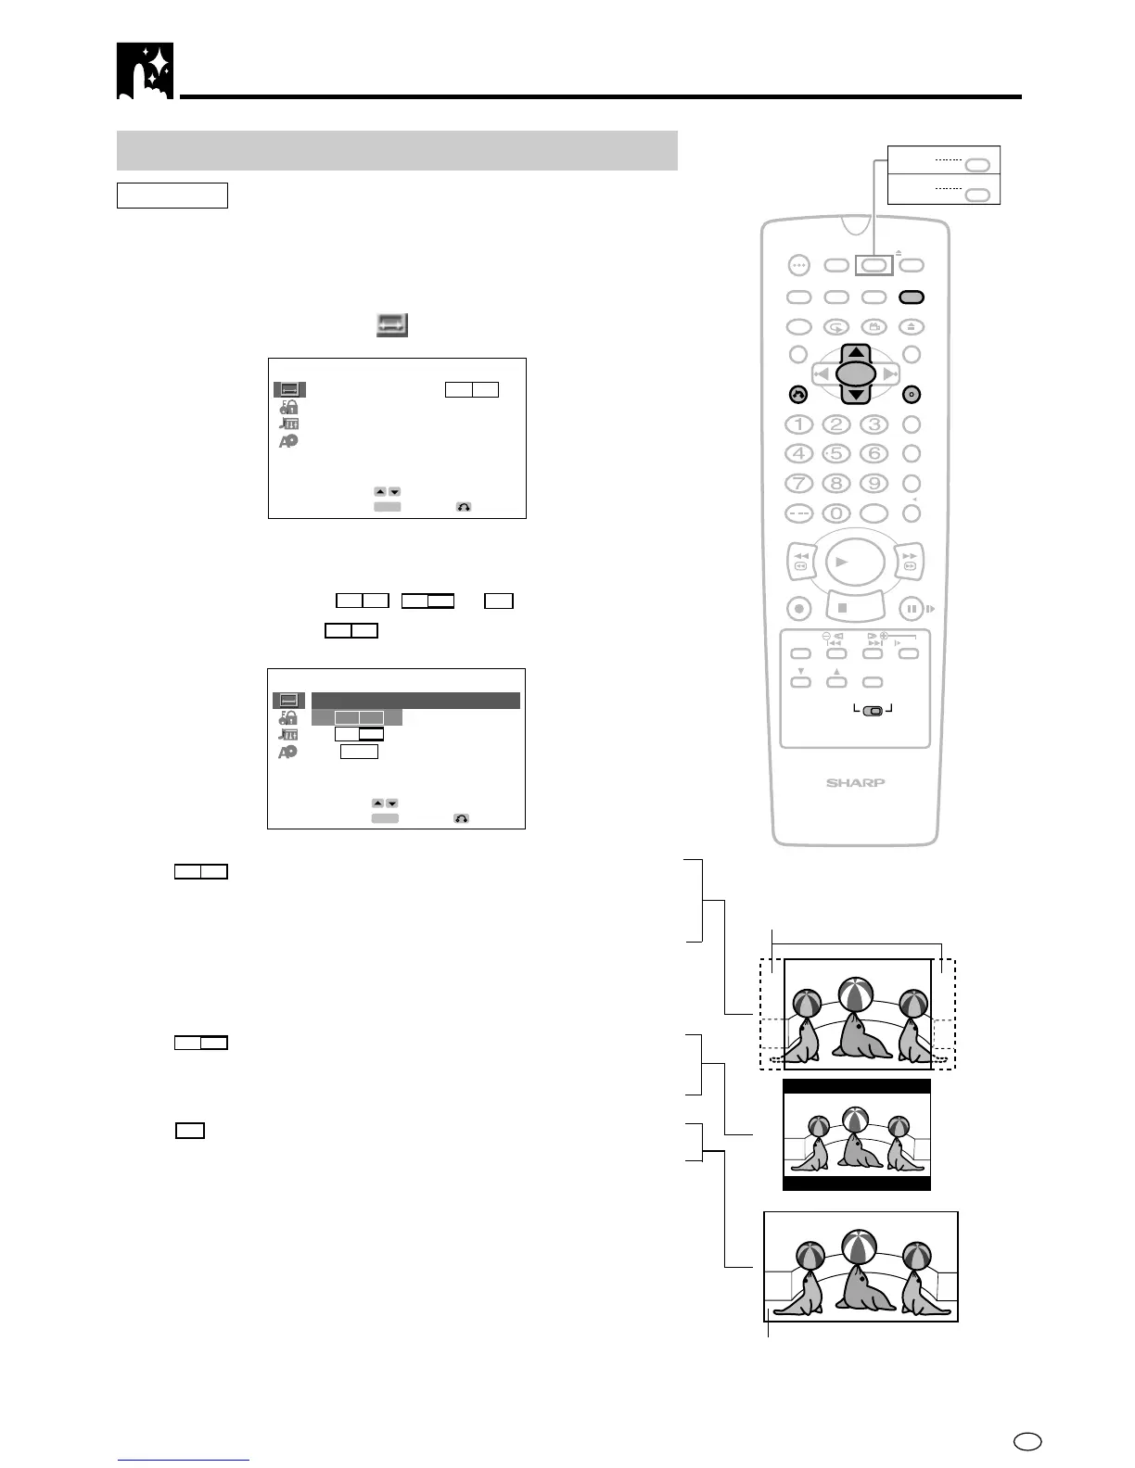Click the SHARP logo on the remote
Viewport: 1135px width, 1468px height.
[855, 783]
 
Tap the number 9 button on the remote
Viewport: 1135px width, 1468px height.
[874, 483]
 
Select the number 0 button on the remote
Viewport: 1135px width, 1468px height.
[836, 513]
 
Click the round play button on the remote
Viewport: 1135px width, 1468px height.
[854, 562]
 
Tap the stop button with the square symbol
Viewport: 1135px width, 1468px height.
[843, 609]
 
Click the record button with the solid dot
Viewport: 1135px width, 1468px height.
[798, 609]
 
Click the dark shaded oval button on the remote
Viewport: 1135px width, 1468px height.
[912, 297]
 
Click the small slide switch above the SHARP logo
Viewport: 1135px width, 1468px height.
[873, 711]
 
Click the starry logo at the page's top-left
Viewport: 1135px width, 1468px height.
[145, 70]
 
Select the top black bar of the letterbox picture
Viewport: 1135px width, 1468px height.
[856, 1087]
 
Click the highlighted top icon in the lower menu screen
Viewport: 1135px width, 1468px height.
[288, 701]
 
